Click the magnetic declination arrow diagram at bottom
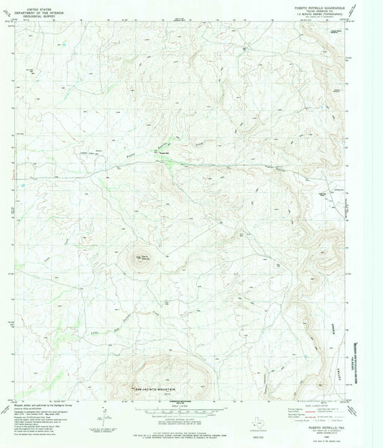pyautogui.click(x=105, y=414)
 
